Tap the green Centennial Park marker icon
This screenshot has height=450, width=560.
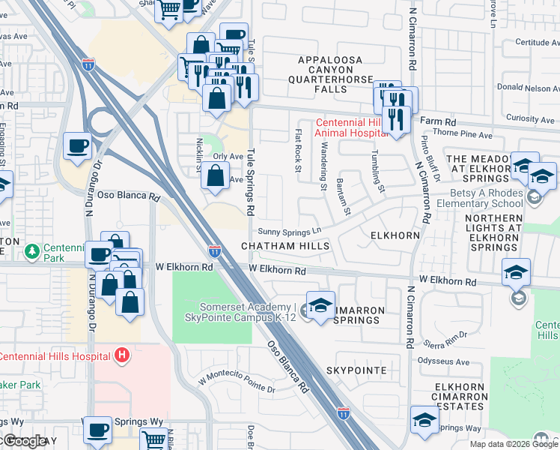pyautogui.click(x=31, y=250)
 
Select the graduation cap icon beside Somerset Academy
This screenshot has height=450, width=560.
pyautogui.click(x=320, y=305)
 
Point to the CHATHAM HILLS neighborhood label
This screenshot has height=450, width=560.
pyautogui.click(x=284, y=247)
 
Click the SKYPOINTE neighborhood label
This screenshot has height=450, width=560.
pyautogui.click(x=356, y=371)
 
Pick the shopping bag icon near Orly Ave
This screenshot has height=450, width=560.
pyautogui.click(x=215, y=175)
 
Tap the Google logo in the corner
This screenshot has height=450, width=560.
pyautogui.click(x=24, y=442)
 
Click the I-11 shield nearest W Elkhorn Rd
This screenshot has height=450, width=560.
pyautogui.click(x=214, y=251)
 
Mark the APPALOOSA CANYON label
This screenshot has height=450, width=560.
pyautogui.click(x=330, y=60)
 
